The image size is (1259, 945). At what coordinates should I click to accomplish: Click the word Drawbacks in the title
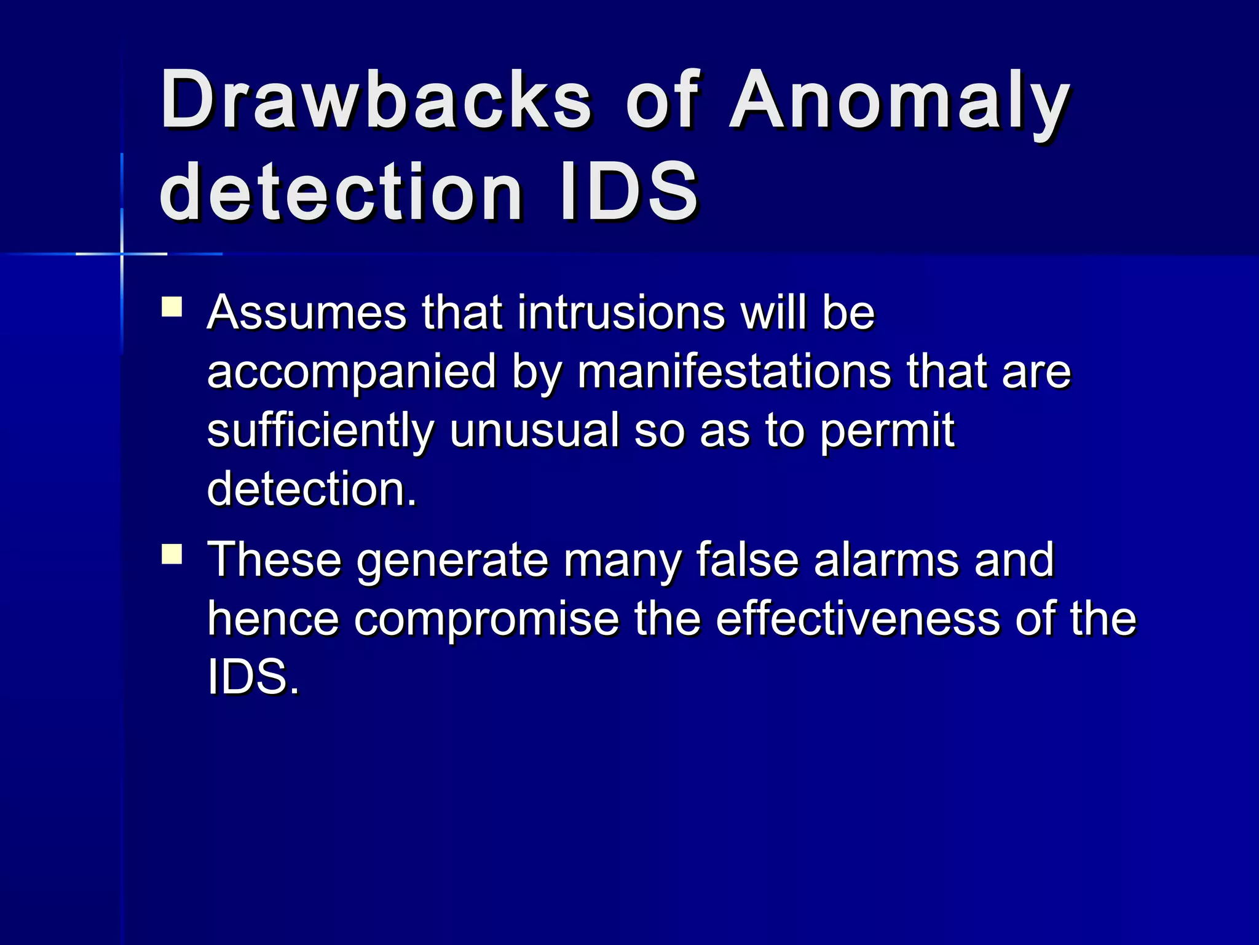[376, 100]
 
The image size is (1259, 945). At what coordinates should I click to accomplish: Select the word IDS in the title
[629, 192]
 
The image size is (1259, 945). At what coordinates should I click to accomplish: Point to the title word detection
[341, 192]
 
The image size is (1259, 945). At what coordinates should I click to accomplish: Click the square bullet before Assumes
[172, 307]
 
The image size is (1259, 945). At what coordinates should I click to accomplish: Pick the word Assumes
[307, 313]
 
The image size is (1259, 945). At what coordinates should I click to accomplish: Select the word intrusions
[621, 313]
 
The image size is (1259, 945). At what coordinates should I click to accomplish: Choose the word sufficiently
[320, 431]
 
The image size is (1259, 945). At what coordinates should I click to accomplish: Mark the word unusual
[534, 431]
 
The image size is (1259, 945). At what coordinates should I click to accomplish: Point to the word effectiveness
[858, 619]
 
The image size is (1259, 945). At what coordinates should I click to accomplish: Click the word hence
[273, 619]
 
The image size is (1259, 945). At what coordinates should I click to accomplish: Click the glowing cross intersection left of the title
[122, 253]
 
